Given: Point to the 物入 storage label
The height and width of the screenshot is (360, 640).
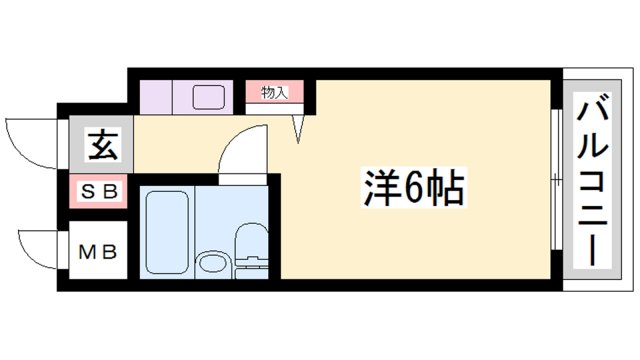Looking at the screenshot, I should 274,94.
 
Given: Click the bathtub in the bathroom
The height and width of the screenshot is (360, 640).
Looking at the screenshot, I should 164,231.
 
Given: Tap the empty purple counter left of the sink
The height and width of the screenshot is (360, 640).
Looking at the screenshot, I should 156,99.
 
